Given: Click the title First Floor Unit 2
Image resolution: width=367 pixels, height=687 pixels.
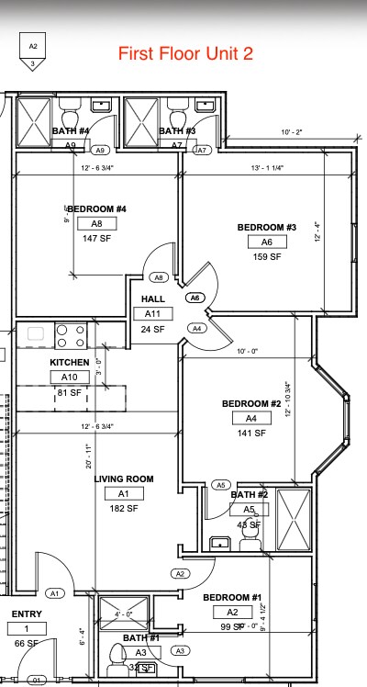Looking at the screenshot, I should [x=185, y=53].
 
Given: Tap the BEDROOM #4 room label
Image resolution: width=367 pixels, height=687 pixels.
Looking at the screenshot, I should [x=96, y=208].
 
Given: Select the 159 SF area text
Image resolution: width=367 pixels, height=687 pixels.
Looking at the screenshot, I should [x=267, y=257].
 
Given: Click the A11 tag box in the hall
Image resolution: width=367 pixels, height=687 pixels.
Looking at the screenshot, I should [x=152, y=314].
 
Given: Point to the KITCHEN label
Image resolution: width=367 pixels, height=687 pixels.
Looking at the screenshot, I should [x=70, y=363].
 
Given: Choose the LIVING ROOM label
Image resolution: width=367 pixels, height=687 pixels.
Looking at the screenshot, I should [x=124, y=479].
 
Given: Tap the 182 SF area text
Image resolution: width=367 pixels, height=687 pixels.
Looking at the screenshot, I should [x=124, y=508].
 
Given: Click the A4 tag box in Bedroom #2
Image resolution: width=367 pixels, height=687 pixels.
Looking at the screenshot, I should [x=250, y=418].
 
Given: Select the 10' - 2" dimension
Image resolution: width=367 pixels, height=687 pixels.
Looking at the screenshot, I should [x=292, y=132].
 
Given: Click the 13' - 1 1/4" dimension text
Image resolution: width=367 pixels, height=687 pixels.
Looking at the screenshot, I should [x=267, y=167].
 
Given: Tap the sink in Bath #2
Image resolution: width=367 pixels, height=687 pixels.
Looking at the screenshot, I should [x=219, y=543].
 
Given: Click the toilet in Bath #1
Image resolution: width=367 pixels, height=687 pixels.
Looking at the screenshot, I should [x=117, y=655].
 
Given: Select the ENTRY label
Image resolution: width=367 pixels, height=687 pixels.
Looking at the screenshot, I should [x=27, y=614].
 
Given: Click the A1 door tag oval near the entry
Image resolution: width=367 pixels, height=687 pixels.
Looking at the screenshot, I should [x=54, y=593].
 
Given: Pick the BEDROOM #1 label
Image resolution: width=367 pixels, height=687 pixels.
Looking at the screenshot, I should [x=232, y=597].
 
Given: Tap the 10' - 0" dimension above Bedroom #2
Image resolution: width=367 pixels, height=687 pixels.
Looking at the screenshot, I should [x=249, y=352].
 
